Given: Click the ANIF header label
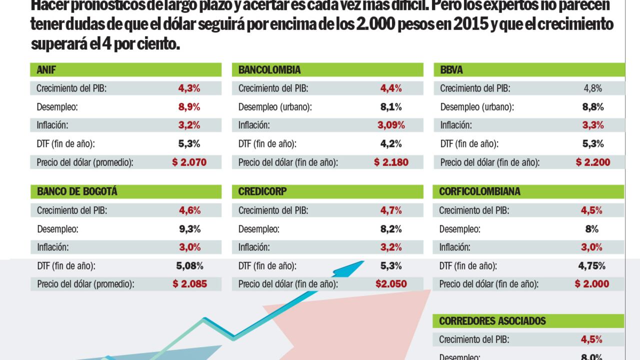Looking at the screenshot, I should [46, 70].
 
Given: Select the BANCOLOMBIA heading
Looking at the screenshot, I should [269, 70].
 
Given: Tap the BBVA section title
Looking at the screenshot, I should [451, 70].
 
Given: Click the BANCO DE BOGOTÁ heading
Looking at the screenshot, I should [77, 191].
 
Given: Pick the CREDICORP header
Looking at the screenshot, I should [262, 191].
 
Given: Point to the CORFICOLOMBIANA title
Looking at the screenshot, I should [479, 191].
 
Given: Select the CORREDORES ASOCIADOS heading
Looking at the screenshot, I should [492, 320].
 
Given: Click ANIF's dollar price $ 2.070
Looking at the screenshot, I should [189, 162].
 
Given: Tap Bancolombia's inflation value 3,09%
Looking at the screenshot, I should [391, 125].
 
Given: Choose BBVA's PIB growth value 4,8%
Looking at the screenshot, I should [592, 88].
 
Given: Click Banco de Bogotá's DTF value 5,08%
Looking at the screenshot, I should [189, 265].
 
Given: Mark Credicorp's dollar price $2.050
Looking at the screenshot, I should [391, 284].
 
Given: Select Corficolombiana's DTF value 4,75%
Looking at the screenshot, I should [592, 265].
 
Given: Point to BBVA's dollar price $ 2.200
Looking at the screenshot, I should [592, 162].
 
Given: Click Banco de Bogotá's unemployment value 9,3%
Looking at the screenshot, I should [189, 229].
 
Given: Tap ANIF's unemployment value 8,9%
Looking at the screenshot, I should [189, 106].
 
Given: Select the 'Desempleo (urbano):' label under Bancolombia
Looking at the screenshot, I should [275, 107].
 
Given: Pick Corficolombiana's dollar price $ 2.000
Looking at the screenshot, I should [592, 284].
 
